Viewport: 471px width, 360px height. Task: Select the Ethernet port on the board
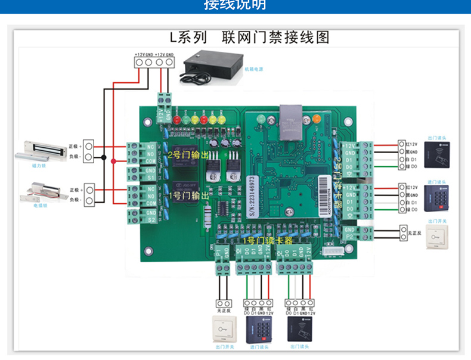click(x=290, y=116)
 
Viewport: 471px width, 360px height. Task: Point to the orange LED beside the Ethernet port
click(x=316, y=119)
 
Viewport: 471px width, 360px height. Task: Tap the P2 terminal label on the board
click(x=349, y=237)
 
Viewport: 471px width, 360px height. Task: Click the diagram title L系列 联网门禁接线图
click(x=250, y=38)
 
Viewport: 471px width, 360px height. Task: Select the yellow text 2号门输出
click(x=187, y=155)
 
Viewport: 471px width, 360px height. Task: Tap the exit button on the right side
click(x=438, y=239)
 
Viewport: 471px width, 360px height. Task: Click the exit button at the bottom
click(x=224, y=328)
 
